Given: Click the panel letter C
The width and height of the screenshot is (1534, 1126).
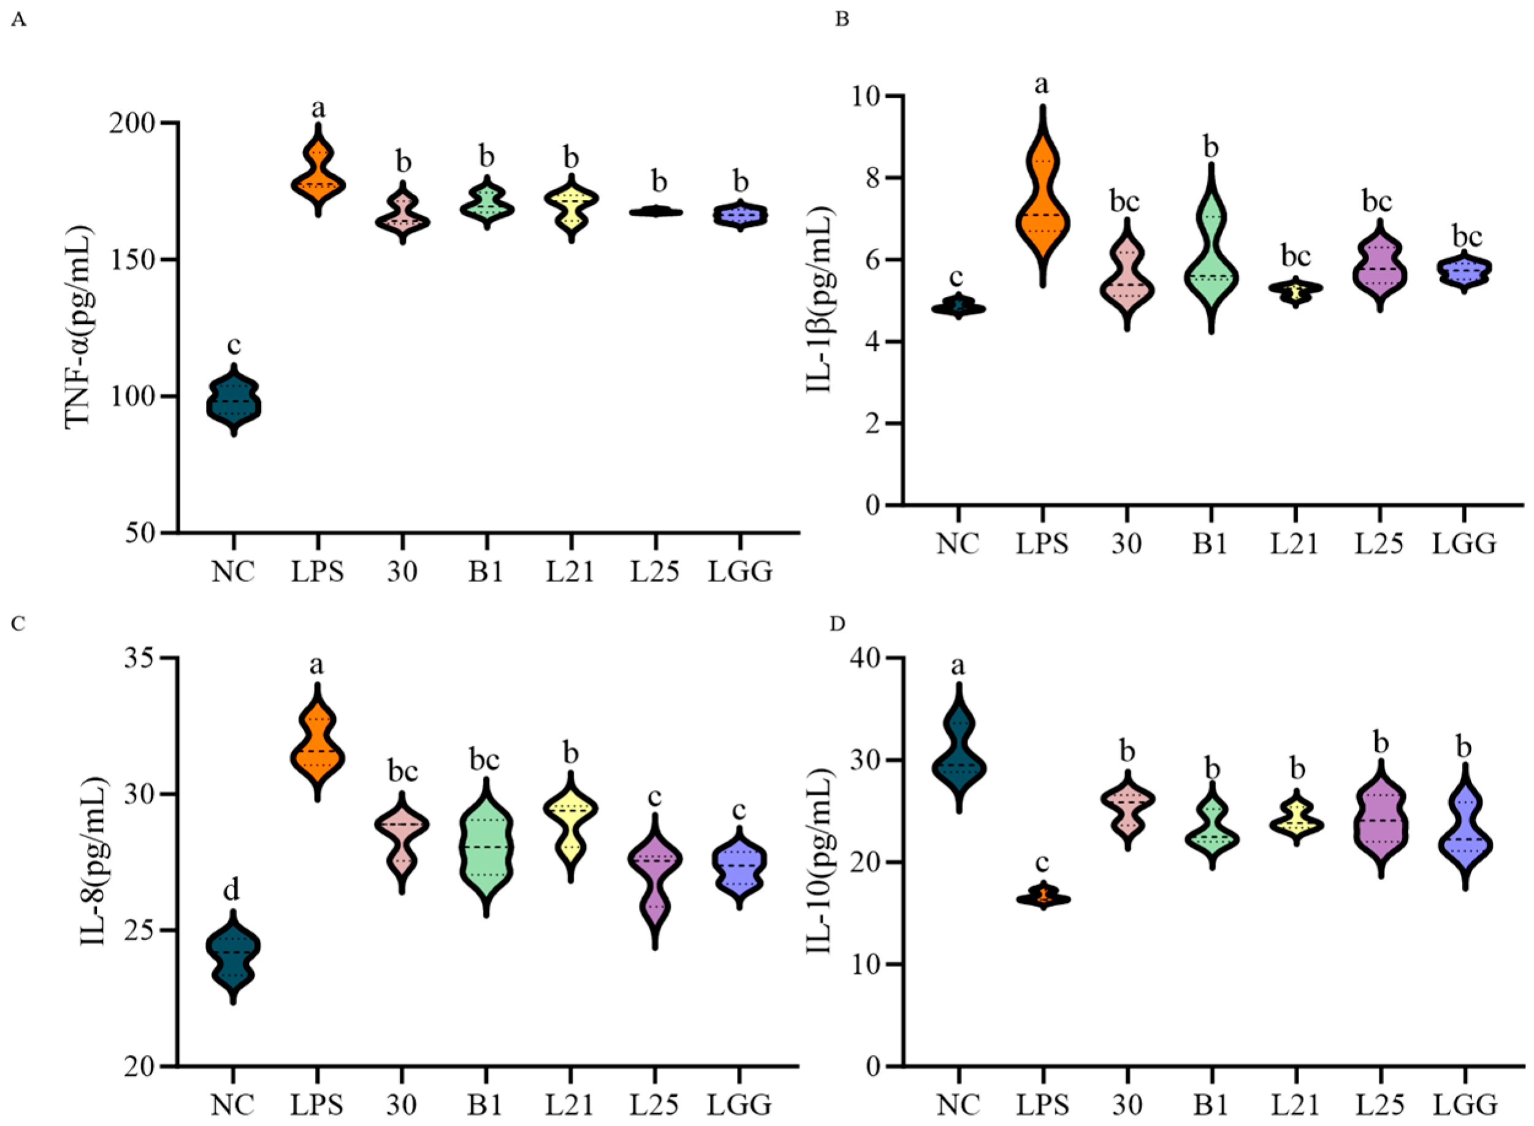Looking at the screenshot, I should [x=18, y=624].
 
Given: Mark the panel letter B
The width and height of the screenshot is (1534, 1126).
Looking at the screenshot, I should [x=842, y=20].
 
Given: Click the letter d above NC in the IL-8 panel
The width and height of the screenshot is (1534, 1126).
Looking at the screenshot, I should [x=232, y=889].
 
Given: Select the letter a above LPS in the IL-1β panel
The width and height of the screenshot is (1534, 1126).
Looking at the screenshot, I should [x=1042, y=85].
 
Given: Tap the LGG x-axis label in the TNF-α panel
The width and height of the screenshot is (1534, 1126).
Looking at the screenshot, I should [x=740, y=571].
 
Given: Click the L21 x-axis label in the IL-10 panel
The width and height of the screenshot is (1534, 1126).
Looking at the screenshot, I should [x=1295, y=1103].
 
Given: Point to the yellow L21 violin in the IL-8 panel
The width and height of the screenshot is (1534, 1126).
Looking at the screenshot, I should [x=570, y=825].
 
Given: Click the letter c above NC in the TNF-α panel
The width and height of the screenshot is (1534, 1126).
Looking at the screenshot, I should [x=234, y=345].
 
